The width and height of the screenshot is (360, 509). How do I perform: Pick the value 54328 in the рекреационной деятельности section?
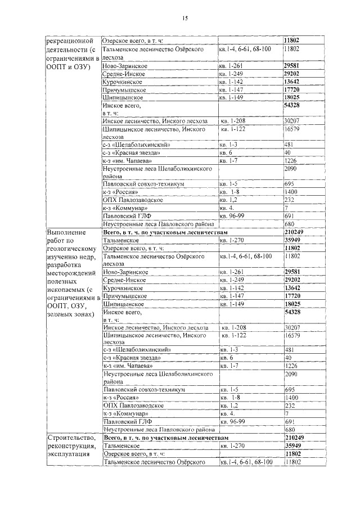point(295,105)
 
